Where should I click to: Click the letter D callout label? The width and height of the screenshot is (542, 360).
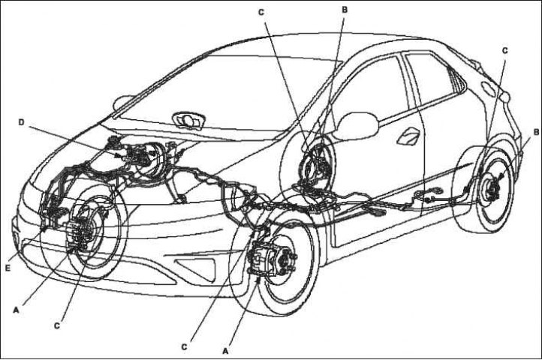(22, 123)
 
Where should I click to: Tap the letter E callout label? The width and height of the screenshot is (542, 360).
(8, 267)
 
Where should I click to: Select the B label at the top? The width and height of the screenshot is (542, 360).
(345, 10)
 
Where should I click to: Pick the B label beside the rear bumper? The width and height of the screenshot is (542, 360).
(536, 132)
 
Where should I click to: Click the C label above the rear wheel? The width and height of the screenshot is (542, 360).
(504, 50)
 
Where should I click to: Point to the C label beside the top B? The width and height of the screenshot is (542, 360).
(261, 13)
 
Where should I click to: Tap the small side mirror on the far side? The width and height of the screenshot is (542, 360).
(123, 103)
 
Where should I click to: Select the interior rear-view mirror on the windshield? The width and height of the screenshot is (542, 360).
(189, 120)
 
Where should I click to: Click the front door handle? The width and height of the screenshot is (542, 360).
(408, 136)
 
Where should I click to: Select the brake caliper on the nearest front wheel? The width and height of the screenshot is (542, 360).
(262, 259)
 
